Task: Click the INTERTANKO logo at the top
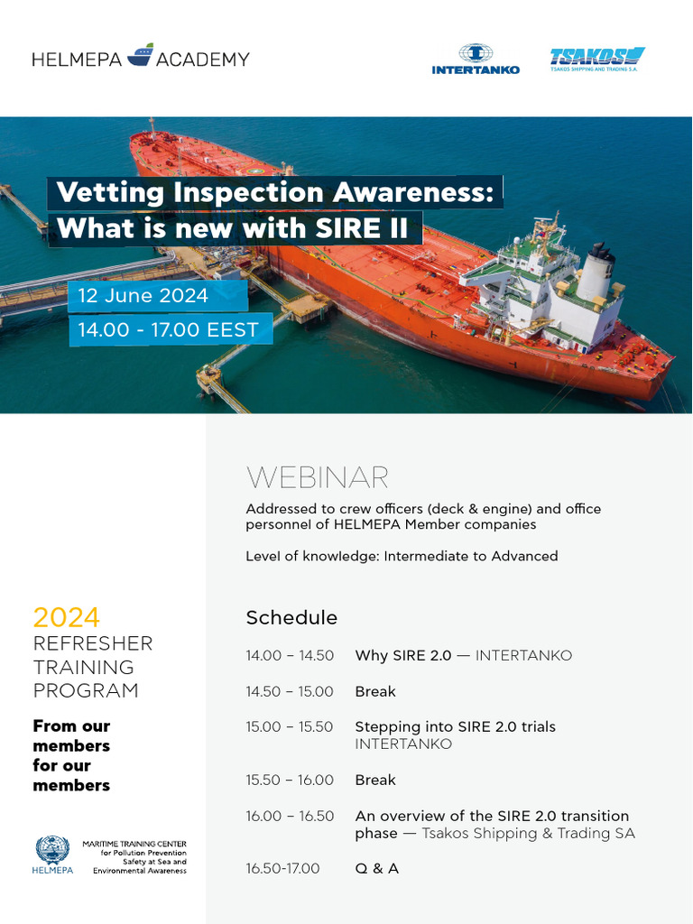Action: click(476, 59)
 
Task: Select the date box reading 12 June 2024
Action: click(143, 295)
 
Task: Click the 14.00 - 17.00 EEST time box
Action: click(168, 329)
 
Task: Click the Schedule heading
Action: click(291, 618)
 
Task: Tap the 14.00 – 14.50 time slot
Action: click(290, 656)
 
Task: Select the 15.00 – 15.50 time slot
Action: click(290, 726)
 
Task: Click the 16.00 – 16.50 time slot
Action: click(290, 816)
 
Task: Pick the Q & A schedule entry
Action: click(377, 868)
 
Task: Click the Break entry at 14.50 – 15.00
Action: click(375, 691)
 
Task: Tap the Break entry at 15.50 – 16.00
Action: click(375, 780)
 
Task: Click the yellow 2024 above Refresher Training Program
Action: click(66, 618)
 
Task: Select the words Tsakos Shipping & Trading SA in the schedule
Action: click(529, 833)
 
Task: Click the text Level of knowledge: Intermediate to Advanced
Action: click(402, 556)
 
